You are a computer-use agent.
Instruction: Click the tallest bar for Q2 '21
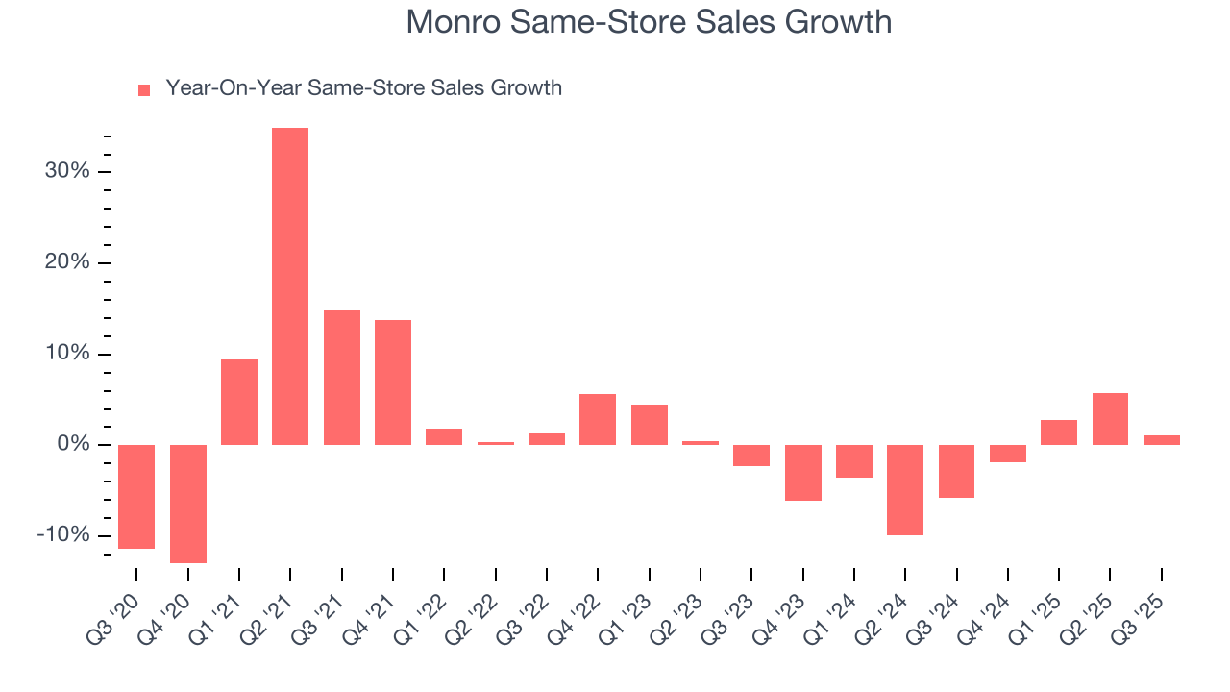pos(290,286)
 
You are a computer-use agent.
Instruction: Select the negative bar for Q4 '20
pos(188,504)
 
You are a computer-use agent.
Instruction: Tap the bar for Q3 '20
pos(136,497)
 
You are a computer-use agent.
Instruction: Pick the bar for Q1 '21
pos(239,402)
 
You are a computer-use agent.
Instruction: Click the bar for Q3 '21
pos(342,378)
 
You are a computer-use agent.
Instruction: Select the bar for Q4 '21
pos(393,383)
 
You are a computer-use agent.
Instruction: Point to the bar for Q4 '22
pos(598,419)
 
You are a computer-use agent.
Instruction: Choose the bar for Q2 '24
pos(905,490)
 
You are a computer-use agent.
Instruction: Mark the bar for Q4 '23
pos(803,473)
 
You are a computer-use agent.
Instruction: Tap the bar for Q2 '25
pos(1110,419)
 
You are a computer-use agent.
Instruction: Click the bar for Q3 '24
pos(956,471)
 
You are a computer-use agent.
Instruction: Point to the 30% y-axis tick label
pos(66,172)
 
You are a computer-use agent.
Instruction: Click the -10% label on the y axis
pos(62,535)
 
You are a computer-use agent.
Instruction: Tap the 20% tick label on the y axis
pos(66,263)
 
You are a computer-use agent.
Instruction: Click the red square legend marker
pos(144,89)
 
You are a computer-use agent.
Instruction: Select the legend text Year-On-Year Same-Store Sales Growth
pos(363,88)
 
